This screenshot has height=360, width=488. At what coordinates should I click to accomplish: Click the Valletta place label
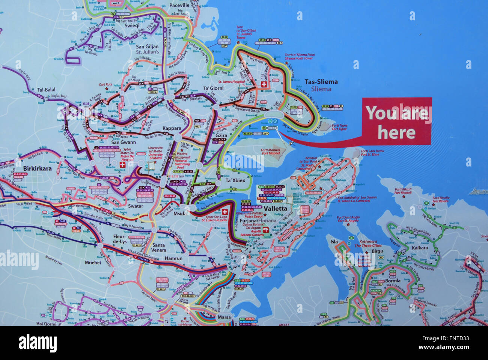point(275,208)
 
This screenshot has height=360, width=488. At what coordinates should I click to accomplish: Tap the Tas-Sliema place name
point(321,82)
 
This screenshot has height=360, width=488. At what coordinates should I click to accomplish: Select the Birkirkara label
point(37,168)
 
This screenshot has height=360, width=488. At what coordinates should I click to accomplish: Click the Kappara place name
point(172,128)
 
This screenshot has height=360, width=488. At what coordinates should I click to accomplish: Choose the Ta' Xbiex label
point(235,180)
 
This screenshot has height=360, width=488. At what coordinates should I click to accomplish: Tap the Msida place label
point(180,213)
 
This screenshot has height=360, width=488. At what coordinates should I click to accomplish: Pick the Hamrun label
point(173,258)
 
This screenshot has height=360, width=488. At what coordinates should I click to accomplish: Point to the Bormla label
point(392,280)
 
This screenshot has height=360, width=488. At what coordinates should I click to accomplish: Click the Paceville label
point(179,6)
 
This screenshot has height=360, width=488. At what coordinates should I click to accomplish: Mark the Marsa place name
point(224,318)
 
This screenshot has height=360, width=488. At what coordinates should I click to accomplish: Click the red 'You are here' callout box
point(397,121)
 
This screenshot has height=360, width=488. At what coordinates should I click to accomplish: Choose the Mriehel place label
point(93,262)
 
